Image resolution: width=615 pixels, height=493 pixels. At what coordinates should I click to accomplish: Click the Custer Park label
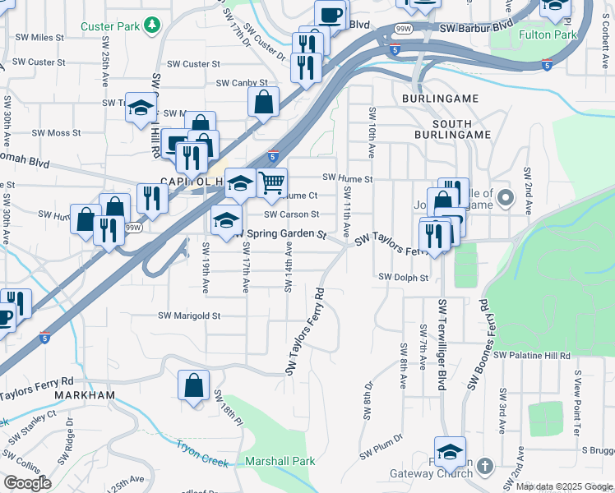click(110, 26)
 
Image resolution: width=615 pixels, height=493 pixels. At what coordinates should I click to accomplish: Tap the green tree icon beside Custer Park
click(151, 26)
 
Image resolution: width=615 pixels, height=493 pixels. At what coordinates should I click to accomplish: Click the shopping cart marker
click(272, 182)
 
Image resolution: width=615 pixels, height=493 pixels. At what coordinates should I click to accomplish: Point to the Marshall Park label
click(280, 461)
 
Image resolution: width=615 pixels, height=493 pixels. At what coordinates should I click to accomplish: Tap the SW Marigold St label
click(190, 316)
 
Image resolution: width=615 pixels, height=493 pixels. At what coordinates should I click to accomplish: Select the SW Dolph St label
click(404, 278)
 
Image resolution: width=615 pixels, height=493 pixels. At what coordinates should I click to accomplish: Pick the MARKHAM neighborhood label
click(85, 395)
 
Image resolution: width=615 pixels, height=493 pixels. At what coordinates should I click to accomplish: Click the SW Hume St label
click(348, 177)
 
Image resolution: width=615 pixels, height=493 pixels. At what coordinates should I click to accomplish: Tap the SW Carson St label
click(291, 214)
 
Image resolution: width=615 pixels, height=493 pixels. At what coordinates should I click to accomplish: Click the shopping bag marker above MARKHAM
click(194, 385)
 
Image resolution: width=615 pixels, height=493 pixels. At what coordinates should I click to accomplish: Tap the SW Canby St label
click(242, 83)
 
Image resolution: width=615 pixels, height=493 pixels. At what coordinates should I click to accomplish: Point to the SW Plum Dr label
click(380, 449)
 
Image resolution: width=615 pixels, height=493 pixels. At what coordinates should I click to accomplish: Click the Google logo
click(27, 483)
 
